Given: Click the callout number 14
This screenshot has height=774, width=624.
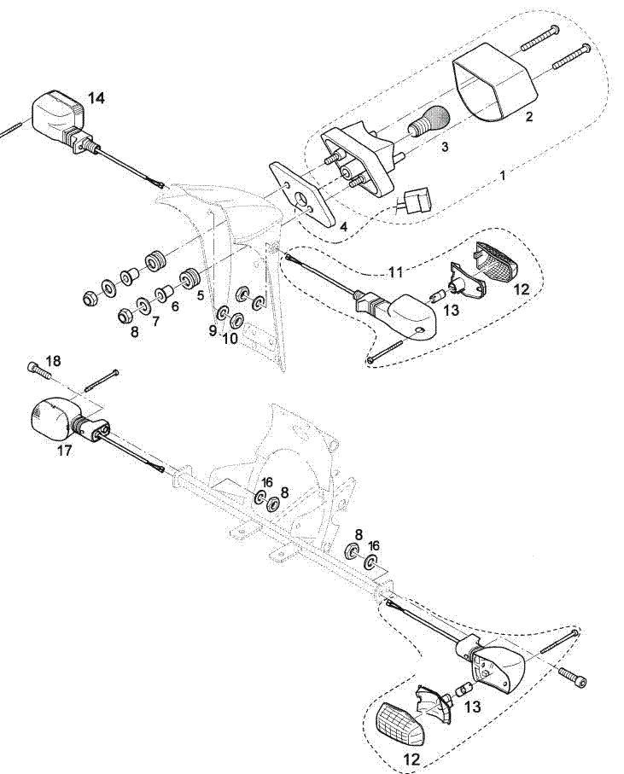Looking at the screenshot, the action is [x=96, y=98].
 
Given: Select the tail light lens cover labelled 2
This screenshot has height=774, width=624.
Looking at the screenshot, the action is [x=494, y=81].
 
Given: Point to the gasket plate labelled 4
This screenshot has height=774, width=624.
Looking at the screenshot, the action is [x=302, y=195].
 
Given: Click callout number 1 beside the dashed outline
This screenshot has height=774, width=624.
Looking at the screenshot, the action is [x=503, y=175].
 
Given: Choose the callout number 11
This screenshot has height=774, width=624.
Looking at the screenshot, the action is [x=396, y=271].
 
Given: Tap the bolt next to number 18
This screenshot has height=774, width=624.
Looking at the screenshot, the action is [x=38, y=370].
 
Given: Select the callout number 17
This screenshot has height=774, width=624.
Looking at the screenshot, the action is [x=65, y=451].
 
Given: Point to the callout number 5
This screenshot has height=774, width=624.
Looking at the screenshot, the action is [x=200, y=295].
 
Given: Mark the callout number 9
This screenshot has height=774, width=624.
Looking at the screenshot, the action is [x=213, y=330].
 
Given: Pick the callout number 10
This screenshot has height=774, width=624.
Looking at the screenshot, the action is [x=230, y=338].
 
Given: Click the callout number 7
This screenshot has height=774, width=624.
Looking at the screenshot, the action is [x=155, y=322].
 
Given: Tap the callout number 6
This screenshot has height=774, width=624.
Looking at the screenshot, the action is [x=175, y=306].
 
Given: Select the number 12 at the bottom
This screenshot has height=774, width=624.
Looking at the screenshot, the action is [x=411, y=759].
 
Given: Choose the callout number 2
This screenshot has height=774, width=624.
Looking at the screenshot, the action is [x=528, y=117].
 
